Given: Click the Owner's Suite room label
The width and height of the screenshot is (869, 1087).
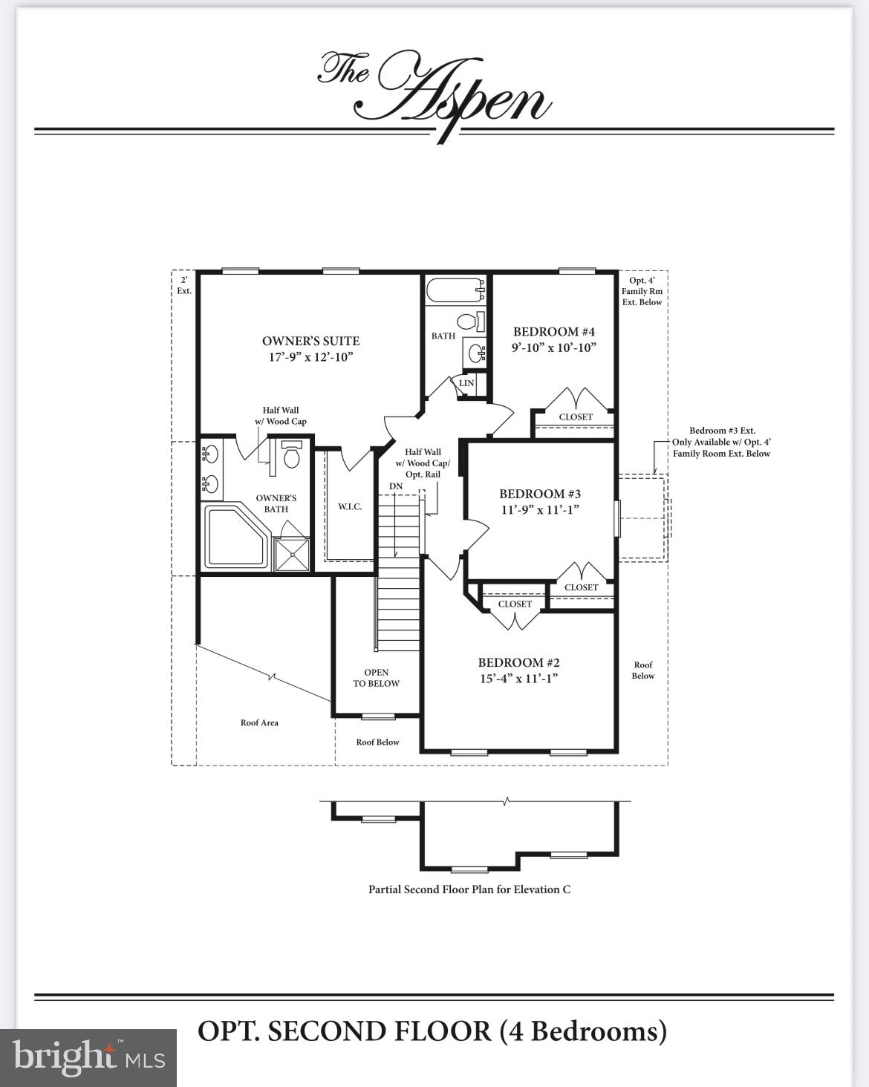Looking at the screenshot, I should point(310,342).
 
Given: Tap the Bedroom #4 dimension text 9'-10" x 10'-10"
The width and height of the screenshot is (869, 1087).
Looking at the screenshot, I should point(554,347).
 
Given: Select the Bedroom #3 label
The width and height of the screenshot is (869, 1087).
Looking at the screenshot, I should point(539,494).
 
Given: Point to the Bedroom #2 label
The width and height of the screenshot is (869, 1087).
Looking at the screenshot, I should point(518,662).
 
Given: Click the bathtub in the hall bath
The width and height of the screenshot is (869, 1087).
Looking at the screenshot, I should point(455,290).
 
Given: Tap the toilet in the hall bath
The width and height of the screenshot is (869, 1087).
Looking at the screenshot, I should point(467,322).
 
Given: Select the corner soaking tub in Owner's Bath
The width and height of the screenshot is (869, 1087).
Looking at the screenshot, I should point(234,536).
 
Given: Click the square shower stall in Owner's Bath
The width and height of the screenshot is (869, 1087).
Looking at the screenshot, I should point(292,554).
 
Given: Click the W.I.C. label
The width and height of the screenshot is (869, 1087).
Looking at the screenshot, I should point(350,506).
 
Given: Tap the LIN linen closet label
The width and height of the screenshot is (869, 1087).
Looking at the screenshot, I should point(466,384).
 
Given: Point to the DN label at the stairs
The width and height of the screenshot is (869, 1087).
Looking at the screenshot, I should point(396,486).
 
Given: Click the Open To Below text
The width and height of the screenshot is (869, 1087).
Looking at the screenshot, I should point(376,678).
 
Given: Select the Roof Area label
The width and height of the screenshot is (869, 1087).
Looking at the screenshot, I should point(259,722).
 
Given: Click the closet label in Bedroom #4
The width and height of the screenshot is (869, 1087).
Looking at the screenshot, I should point(576,417).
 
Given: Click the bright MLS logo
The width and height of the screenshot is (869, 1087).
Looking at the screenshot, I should point(88,1057).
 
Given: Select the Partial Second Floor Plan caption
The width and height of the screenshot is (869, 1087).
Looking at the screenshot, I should point(469,889).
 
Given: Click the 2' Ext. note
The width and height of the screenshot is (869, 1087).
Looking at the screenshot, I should point(183,285).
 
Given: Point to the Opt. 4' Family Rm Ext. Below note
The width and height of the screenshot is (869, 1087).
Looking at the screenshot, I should point(642,291).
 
